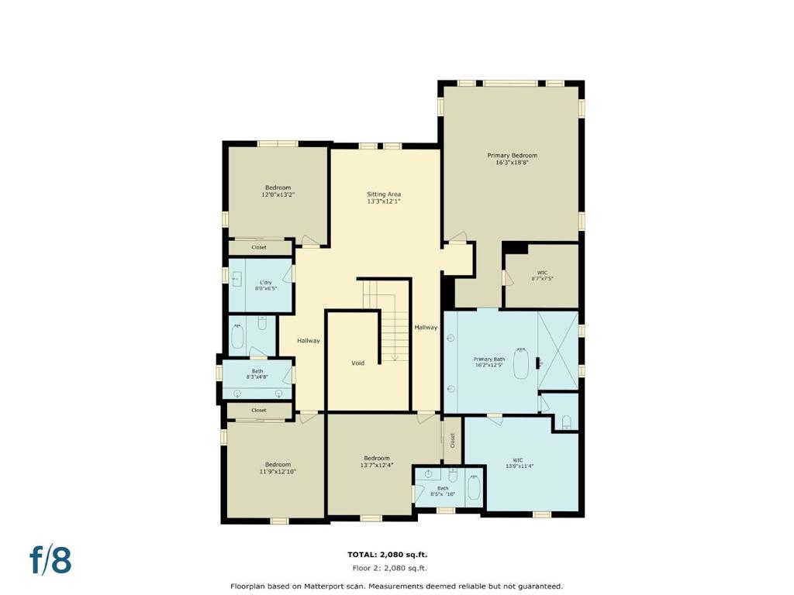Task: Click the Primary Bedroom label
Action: [512, 156]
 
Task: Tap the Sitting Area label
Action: [384, 194]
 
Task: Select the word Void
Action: [357, 363]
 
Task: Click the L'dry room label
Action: [266, 283]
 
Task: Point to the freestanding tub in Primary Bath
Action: [523, 365]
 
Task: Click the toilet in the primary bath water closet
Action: [567, 422]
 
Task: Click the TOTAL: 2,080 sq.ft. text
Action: [387, 555]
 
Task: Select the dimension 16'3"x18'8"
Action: [512, 163]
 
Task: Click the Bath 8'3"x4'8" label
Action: [257, 374]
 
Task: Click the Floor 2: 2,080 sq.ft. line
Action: [387, 568]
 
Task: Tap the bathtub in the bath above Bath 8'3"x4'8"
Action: [237, 336]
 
